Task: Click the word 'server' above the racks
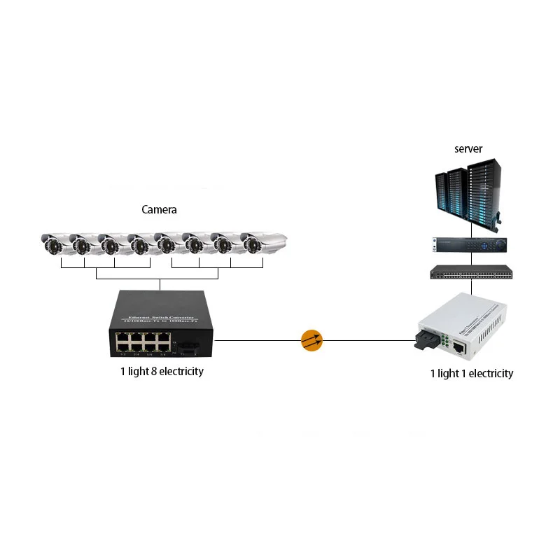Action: pyautogui.click(x=468, y=148)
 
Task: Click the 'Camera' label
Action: pyautogui.click(x=159, y=209)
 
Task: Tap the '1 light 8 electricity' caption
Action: pyautogui.click(x=162, y=371)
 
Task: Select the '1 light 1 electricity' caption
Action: pyautogui.click(x=471, y=373)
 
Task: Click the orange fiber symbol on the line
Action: pyautogui.click(x=311, y=341)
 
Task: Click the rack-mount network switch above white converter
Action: pyautogui.click(x=471, y=272)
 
